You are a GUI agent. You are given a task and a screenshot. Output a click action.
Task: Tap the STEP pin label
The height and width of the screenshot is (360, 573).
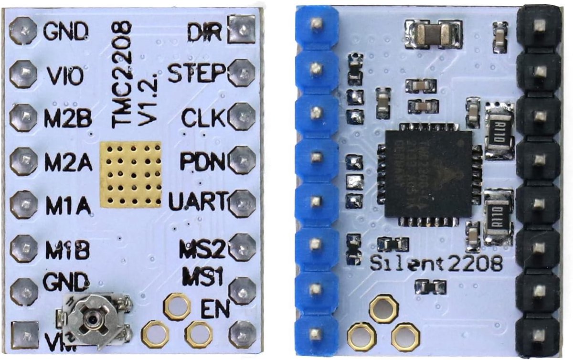pyautogui.click(x=197, y=74)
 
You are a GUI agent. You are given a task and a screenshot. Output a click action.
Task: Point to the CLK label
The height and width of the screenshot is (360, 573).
pyautogui.click(x=202, y=116)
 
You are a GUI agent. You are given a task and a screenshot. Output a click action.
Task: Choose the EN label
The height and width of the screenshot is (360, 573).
pyautogui.click(x=214, y=308)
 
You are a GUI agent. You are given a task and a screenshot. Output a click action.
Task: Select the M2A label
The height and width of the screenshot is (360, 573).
pyautogui.click(x=68, y=162)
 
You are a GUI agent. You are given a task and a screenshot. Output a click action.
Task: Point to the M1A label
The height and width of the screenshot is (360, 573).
pyautogui.click(x=68, y=205)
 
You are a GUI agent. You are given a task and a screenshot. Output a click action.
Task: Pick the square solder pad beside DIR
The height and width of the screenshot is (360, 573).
pyautogui.click(x=242, y=30)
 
